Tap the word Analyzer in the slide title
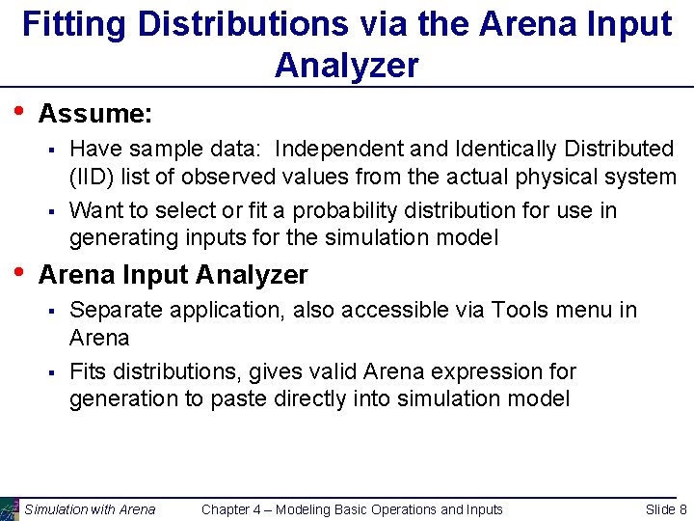coord(347,65)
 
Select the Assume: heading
coord(94,114)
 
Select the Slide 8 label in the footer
coord(666,509)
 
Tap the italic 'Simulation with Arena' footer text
coord(90,509)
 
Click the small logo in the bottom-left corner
coord(9,509)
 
